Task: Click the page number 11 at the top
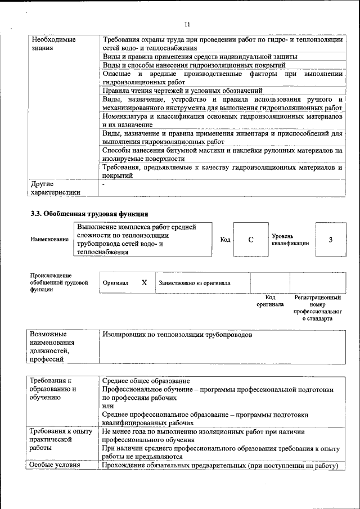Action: pyautogui.click(x=187, y=24)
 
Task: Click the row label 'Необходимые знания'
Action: pyautogui.click(x=53, y=44)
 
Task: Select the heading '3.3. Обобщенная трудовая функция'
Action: pyautogui.click(x=89, y=214)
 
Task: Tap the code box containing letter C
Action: pyautogui.click(x=250, y=240)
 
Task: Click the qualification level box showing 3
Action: pyautogui.click(x=330, y=240)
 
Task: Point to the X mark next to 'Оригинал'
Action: pyautogui.click(x=144, y=282)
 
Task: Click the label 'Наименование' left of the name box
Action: pyautogui.click(x=49, y=240)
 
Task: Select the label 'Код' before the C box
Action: pyautogui.click(x=225, y=240)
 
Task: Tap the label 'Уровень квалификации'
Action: pyautogui.click(x=290, y=240)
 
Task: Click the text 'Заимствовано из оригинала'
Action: pyautogui.click(x=195, y=283)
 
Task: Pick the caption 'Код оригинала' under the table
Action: pyautogui.click(x=270, y=301)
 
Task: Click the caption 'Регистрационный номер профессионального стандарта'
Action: pyautogui.click(x=317, y=308)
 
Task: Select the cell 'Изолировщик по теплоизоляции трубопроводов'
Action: pyautogui.click(x=177, y=335)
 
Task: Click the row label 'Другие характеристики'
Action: pyautogui.click(x=56, y=188)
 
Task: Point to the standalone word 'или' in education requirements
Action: pyautogui.click(x=108, y=406)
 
